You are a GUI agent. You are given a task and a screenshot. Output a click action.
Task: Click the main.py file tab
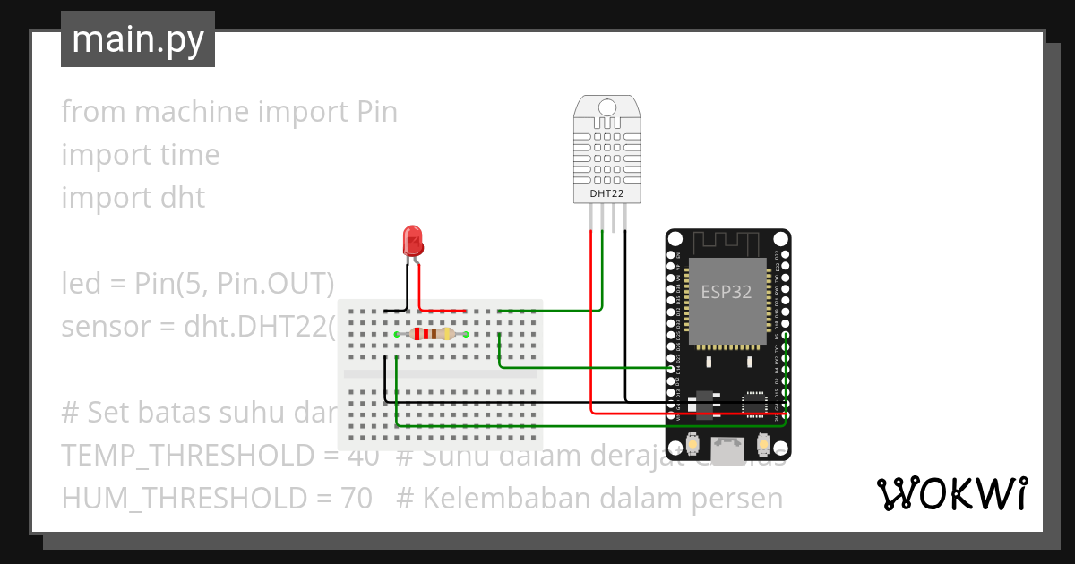[137, 40]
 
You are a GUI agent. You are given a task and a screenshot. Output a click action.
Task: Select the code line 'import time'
[140, 155]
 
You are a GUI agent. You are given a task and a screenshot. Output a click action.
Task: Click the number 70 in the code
[357, 499]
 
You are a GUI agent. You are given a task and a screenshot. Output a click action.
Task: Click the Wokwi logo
[951, 493]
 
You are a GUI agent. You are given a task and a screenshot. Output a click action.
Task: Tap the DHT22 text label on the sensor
[606, 193]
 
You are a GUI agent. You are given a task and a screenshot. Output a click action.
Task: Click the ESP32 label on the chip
[726, 292]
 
